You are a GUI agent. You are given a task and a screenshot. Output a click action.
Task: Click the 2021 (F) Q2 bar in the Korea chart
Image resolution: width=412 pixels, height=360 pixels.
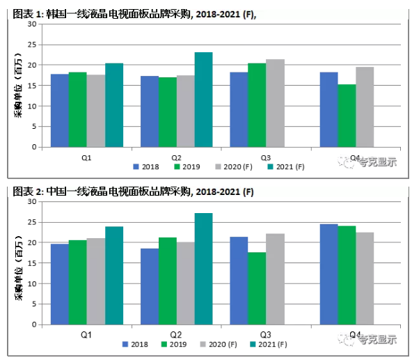(203, 100)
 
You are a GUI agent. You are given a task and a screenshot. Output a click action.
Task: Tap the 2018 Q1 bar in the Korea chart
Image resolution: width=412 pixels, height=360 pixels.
(59, 110)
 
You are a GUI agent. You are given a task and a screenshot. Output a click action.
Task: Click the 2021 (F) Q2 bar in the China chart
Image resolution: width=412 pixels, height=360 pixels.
(203, 269)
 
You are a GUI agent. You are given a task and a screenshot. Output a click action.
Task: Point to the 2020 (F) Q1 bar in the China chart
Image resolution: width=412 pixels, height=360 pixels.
(95, 281)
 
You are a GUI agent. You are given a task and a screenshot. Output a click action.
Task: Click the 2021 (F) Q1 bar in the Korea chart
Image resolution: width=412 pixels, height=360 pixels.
(113, 105)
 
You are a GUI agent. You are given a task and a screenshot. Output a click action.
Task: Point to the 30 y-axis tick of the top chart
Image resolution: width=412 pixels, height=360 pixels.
(31, 24)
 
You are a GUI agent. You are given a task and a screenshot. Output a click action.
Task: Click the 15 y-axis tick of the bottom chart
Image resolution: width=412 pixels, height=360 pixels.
(31, 263)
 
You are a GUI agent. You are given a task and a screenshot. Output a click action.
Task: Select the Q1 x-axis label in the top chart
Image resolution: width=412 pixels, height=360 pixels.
(86, 157)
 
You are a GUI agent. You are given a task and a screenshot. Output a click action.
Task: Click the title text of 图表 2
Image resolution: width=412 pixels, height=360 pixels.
(133, 191)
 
